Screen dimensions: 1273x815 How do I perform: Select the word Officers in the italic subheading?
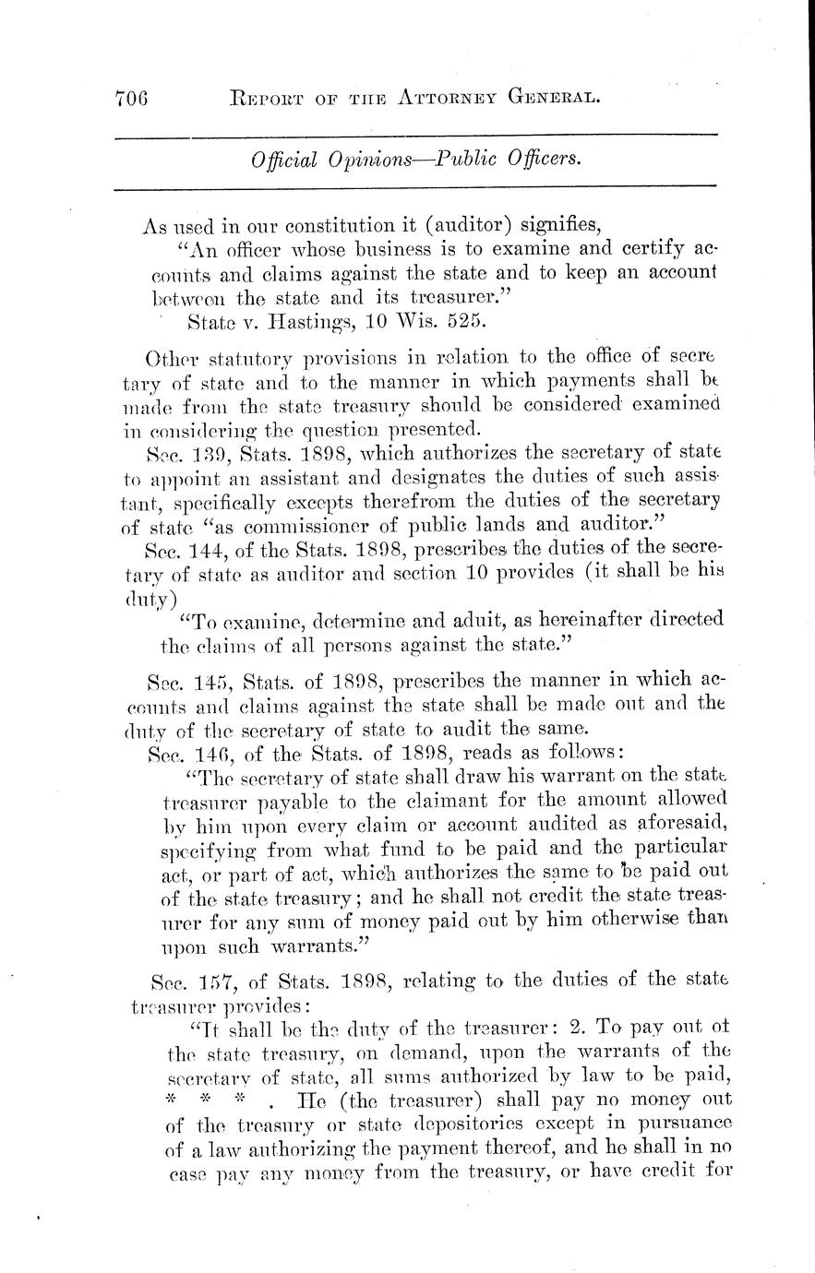point(541,159)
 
